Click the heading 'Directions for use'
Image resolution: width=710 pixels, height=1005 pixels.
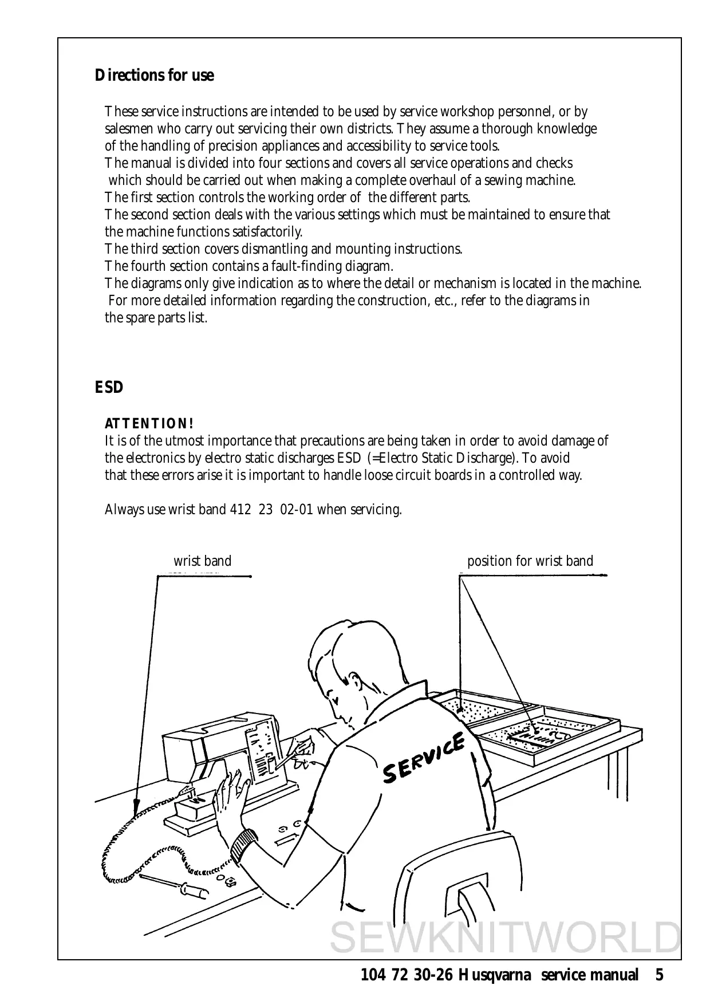click(154, 76)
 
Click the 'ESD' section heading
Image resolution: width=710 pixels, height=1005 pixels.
click(109, 388)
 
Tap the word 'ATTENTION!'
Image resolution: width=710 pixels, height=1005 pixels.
click(149, 424)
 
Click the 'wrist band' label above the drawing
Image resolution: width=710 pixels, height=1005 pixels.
click(202, 561)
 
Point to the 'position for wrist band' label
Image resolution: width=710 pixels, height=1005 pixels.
click(530, 561)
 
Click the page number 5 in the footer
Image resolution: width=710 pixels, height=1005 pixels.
click(660, 975)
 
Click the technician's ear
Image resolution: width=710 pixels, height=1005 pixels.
click(334, 696)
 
